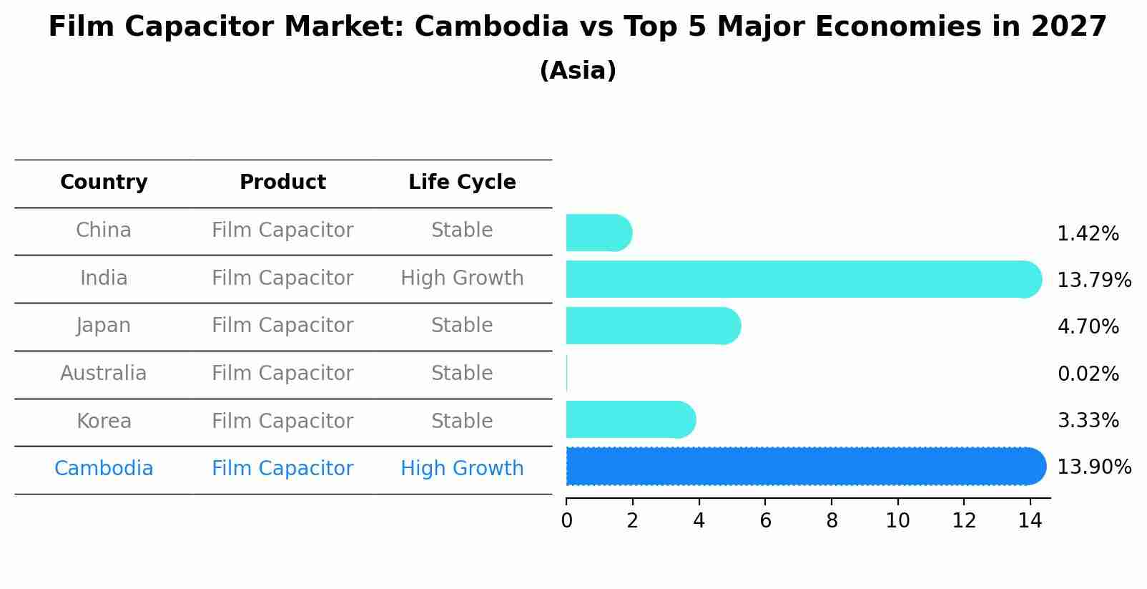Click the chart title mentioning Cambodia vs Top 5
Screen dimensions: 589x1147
click(577, 27)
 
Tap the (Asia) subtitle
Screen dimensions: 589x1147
click(577, 71)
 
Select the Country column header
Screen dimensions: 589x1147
click(104, 182)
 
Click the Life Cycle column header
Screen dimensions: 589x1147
click(462, 182)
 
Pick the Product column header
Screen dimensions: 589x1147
click(282, 182)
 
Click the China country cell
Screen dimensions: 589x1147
click(104, 230)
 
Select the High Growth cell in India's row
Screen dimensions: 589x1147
click(462, 278)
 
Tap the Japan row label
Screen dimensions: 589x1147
click(104, 326)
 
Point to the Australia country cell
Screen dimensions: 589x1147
click(104, 374)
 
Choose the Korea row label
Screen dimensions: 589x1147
click(104, 421)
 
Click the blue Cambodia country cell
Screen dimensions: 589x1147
click(104, 469)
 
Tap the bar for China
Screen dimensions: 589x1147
click(598, 233)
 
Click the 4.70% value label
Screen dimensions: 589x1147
click(1088, 327)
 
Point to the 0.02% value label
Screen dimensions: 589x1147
click(1088, 374)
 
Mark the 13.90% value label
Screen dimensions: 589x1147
click(1094, 467)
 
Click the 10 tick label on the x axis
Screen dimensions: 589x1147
click(897, 521)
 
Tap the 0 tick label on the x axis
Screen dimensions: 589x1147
click(566, 521)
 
